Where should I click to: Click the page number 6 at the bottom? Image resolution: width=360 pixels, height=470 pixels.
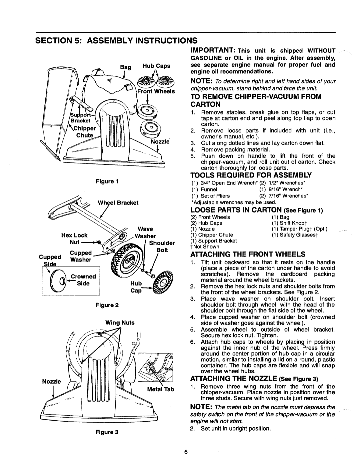pos(186,452)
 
